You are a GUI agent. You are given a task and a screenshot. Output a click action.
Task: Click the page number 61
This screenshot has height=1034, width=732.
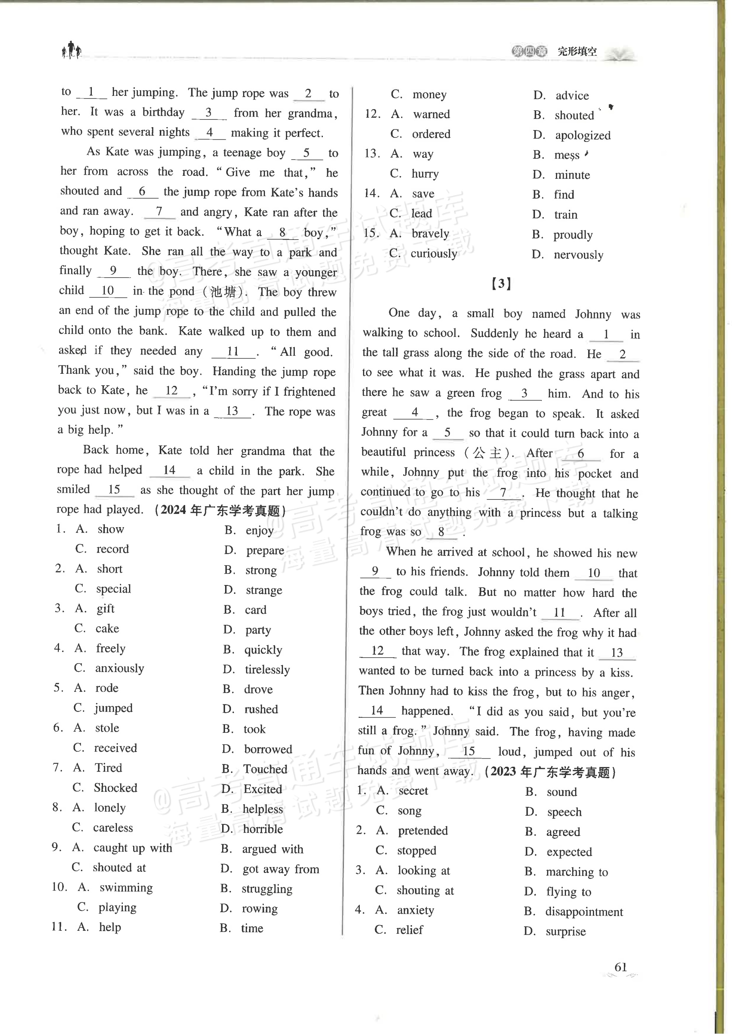620,967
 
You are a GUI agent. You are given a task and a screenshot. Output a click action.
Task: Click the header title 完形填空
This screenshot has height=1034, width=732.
577,51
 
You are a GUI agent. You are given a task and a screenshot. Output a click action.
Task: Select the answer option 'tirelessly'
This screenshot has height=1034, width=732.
267,670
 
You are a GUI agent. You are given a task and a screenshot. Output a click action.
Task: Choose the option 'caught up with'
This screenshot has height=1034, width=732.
132,848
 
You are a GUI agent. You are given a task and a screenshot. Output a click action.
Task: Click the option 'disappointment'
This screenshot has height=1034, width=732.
584,912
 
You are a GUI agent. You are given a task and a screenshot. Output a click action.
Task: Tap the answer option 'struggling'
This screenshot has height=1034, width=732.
267,889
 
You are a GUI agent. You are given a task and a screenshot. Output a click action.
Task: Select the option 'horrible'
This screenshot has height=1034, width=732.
263,829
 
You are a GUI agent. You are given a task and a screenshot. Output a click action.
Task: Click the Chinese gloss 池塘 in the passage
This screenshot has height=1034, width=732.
224,292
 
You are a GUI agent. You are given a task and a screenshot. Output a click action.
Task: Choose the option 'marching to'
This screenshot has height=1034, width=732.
577,872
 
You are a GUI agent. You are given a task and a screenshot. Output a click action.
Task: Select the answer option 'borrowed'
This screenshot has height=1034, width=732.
268,749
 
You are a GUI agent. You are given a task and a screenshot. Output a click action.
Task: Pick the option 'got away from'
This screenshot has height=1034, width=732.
280,869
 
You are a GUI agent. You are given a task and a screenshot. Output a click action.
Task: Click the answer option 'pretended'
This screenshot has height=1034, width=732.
422,831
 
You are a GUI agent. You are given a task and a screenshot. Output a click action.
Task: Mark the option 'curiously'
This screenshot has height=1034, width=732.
434,254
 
